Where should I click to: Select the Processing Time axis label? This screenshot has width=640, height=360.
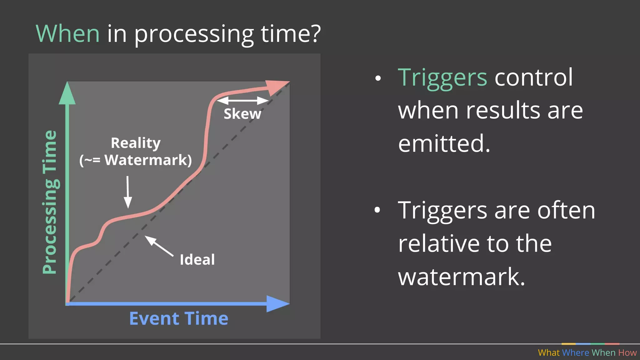pyautogui.click(x=50, y=202)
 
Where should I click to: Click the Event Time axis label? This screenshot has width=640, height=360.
pyautogui.click(x=179, y=318)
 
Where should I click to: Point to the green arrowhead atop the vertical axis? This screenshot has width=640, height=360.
pyautogui.click(x=67, y=94)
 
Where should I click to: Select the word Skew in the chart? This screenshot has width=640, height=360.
pyautogui.click(x=242, y=114)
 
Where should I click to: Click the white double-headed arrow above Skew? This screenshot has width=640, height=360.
pyautogui.click(x=242, y=101)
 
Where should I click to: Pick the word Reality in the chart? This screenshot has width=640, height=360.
pyautogui.click(x=136, y=143)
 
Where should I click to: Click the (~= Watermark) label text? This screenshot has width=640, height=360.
pyautogui.click(x=136, y=160)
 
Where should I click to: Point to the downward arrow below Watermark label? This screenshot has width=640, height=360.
pyautogui.click(x=127, y=192)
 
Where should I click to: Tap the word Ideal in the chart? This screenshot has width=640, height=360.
pyautogui.click(x=197, y=260)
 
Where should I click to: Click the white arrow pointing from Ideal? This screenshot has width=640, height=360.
pyautogui.click(x=159, y=246)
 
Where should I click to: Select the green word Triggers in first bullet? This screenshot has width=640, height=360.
pyautogui.click(x=442, y=77)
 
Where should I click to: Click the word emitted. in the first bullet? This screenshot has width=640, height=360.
pyautogui.click(x=444, y=143)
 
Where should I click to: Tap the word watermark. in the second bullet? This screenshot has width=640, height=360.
pyautogui.click(x=462, y=277)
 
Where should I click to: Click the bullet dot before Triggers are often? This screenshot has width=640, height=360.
pyautogui.click(x=377, y=210)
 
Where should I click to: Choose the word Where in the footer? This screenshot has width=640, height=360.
pyautogui.click(x=575, y=352)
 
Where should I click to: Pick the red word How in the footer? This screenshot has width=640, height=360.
pyautogui.click(x=627, y=352)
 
